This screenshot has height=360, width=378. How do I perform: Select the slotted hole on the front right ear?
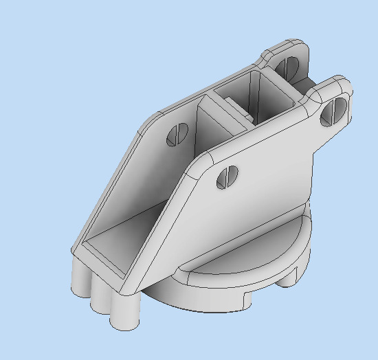tap(334, 111)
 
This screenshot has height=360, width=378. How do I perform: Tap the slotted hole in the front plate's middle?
tap(227, 177)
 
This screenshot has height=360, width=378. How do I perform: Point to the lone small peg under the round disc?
tap(289, 280)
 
